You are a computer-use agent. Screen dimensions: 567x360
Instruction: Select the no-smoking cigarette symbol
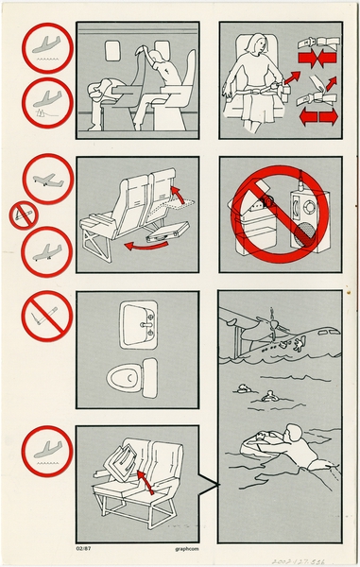coord(46,312)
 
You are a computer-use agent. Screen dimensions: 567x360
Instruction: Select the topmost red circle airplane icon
coord(45,46)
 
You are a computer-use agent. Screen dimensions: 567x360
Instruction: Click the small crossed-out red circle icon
coord(24,216)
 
